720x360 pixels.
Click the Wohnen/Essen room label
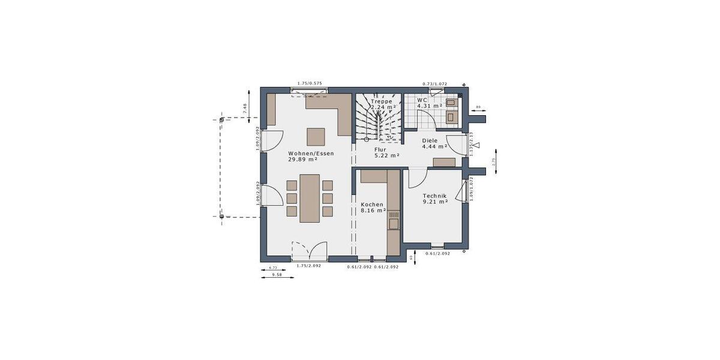[x=310, y=153]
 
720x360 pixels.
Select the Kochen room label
[x=371, y=205]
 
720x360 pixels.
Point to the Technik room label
[x=434, y=196]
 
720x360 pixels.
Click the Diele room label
[x=430, y=140]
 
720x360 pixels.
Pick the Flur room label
[x=380, y=149]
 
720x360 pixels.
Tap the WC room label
[x=422, y=100]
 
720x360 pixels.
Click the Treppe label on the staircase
[x=381, y=101]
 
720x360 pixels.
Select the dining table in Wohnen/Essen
[x=310, y=198]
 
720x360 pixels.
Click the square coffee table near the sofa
[x=316, y=137]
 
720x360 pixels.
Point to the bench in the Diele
[x=444, y=162]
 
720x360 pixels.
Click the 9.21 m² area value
[x=436, y=202]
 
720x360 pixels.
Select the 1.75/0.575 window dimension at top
[x=310, y=84]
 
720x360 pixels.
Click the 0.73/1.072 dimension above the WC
[x=435, y=84]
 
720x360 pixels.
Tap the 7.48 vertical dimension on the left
[x=244, y=108]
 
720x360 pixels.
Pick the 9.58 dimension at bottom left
[x=277, y=274]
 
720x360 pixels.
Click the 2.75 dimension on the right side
[x=493, y=161]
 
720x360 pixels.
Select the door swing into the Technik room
[x=417, y=176]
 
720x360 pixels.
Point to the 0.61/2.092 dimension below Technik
[x=437, y=254]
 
